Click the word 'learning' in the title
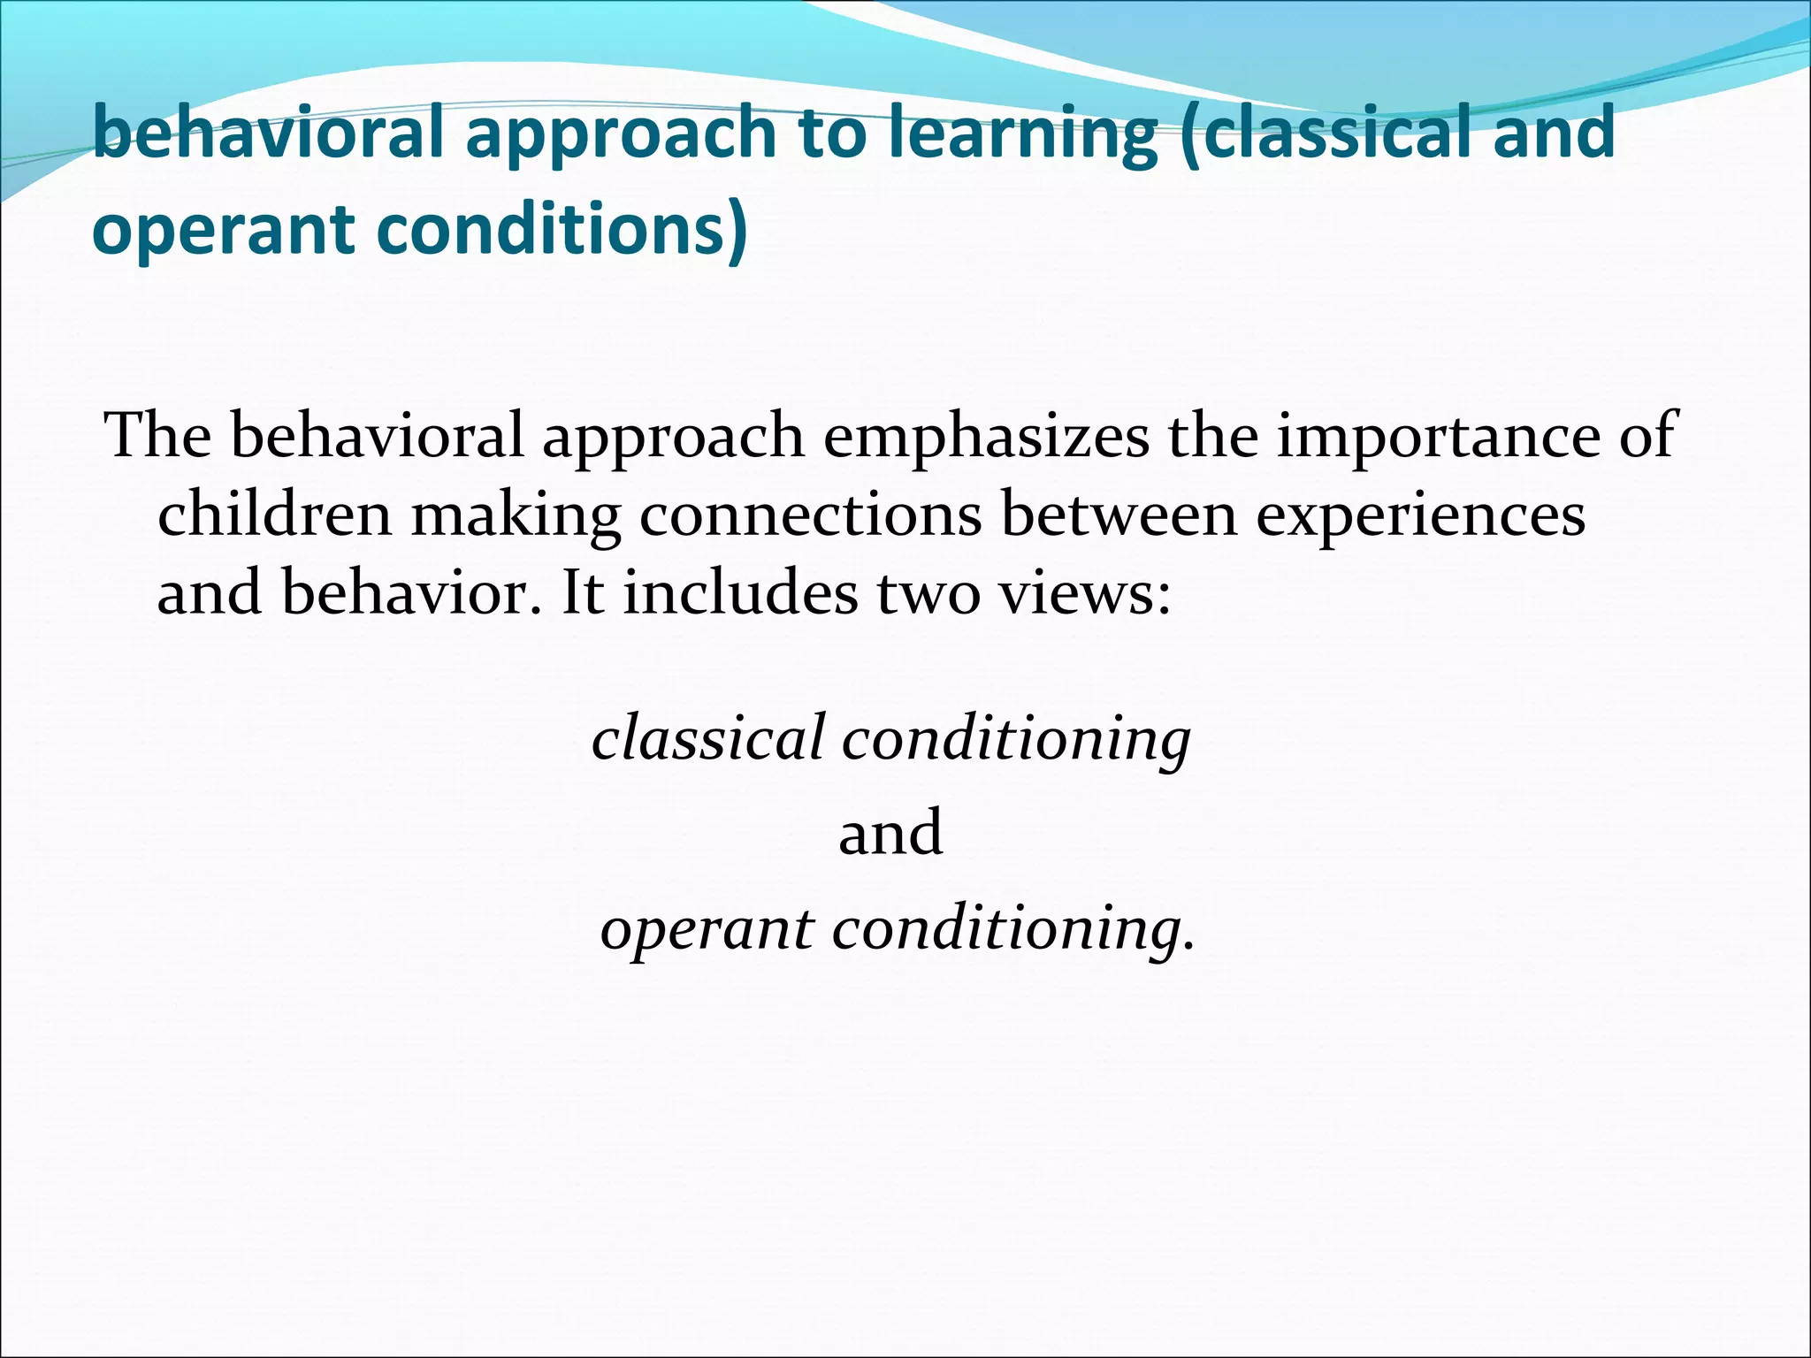point(1022,134)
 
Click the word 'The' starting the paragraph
point(157,435)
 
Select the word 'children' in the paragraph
point(274,514)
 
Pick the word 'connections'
point(809,514)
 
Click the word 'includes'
point(740,592)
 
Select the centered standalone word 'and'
point(890,833)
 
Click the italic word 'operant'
point(707,930)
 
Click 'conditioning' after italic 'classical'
point(1016,739)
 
